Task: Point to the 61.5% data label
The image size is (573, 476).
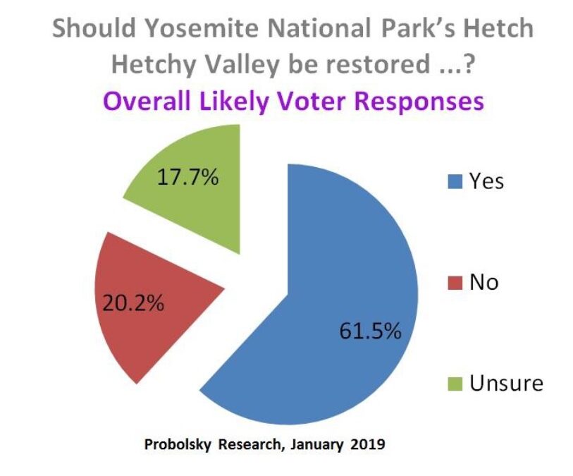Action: (x=370, y=331)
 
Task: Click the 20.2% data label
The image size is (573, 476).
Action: (x=133, y=303)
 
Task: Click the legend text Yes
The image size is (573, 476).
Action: (x=487, y=181)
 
